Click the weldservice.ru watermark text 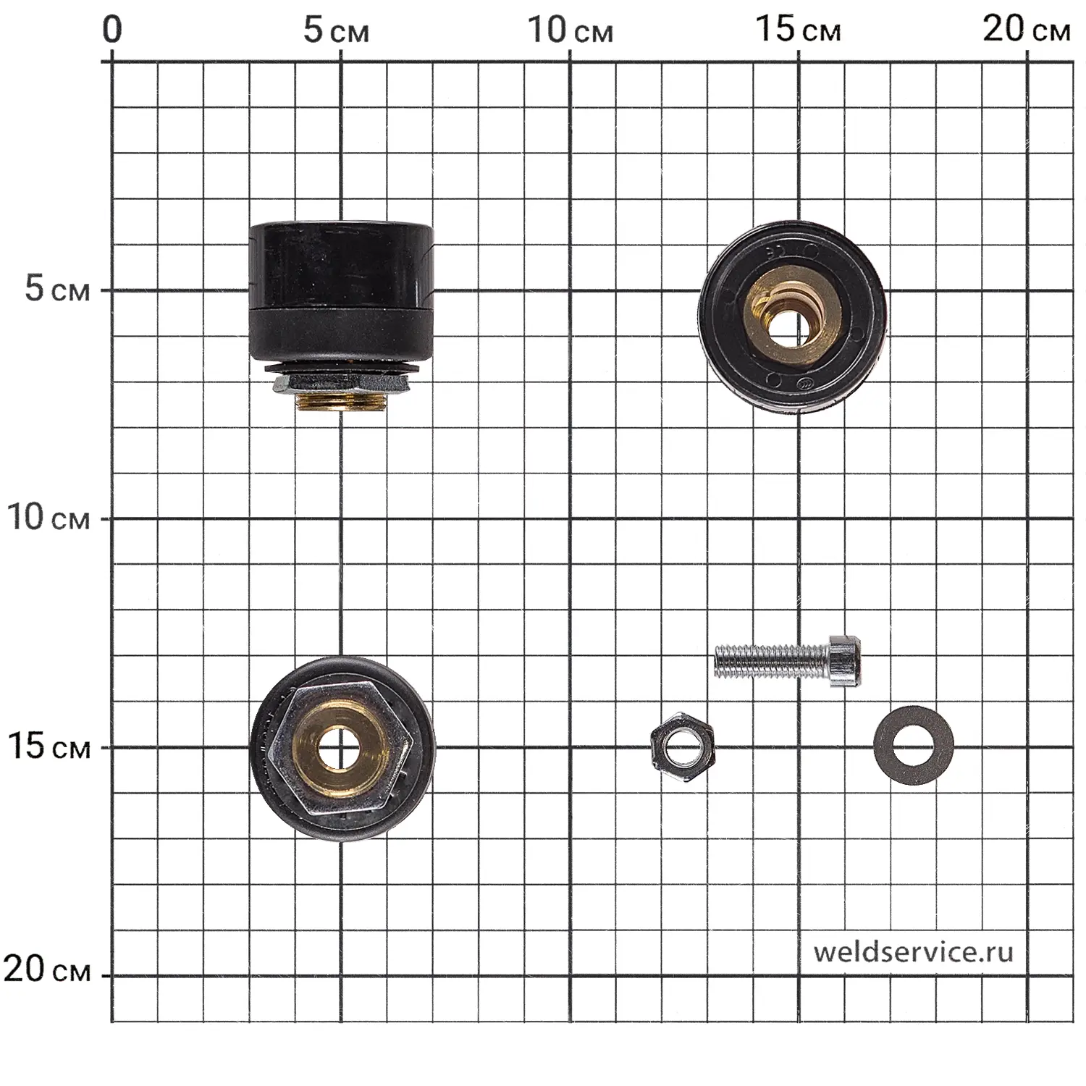(913, 951)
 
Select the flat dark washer (914, 746)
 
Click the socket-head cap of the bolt (845, 660)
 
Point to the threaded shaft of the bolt (772, 660)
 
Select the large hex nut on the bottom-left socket (340, 749)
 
